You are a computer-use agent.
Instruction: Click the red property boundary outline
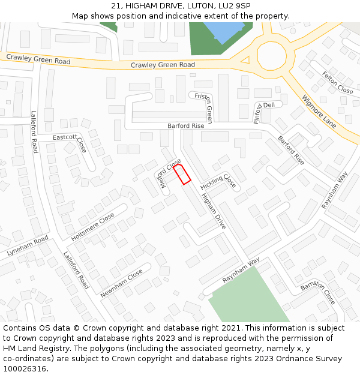tap(182, 174)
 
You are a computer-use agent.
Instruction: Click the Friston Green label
tap(202, 107)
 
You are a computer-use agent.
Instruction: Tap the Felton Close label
tap(337, 83)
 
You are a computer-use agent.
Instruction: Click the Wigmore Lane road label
tap(319, 112)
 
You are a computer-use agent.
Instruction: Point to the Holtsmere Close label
tap(92, 227)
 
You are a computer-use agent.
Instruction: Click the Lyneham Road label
tap(28, 247)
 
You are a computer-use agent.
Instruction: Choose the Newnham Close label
tap(122, 284)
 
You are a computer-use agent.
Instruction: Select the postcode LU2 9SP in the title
tap(236, 6)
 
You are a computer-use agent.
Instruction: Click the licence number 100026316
tap(25, 368)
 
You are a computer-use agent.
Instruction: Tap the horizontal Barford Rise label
tap(186, 127)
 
